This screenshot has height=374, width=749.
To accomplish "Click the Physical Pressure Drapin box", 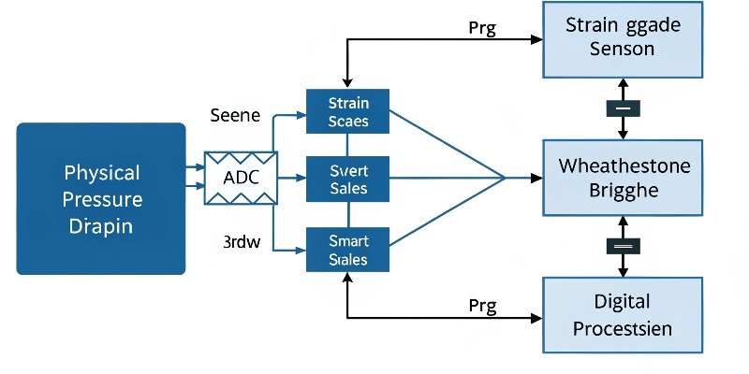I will pos(101,198).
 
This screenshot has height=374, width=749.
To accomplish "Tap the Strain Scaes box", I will pos(348,110).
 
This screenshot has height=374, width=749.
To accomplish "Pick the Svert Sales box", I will pos(348,179).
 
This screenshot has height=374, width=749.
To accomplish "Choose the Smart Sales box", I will pos(348,249).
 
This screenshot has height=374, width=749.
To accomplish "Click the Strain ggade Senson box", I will pos(623,38).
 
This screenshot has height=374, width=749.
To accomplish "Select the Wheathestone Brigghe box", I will pos(623,177).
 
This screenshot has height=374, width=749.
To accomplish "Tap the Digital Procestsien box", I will pos(623,314).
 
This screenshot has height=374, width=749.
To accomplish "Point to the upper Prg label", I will pos(481,26).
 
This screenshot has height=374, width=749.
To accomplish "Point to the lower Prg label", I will pos(481,305).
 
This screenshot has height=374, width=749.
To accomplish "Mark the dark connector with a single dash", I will pos(623,108).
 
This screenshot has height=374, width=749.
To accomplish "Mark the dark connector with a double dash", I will pos(623,245).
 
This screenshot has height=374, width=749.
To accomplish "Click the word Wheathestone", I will pos(624,165).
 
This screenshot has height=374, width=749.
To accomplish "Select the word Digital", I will pos(623,302).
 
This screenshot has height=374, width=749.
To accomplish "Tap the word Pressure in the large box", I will pos(103,198).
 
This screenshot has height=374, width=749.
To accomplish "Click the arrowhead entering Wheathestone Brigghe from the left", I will pos(537,178).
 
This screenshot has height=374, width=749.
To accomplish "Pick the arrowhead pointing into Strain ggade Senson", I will pos(537,40).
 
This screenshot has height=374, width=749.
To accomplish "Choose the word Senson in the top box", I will pos(623,49).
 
